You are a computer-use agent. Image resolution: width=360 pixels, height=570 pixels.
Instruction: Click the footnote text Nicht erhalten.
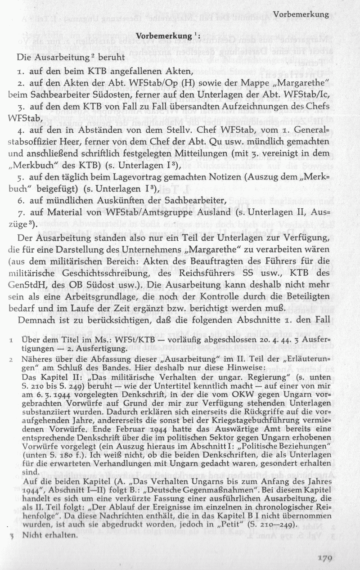tap(50, 536)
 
